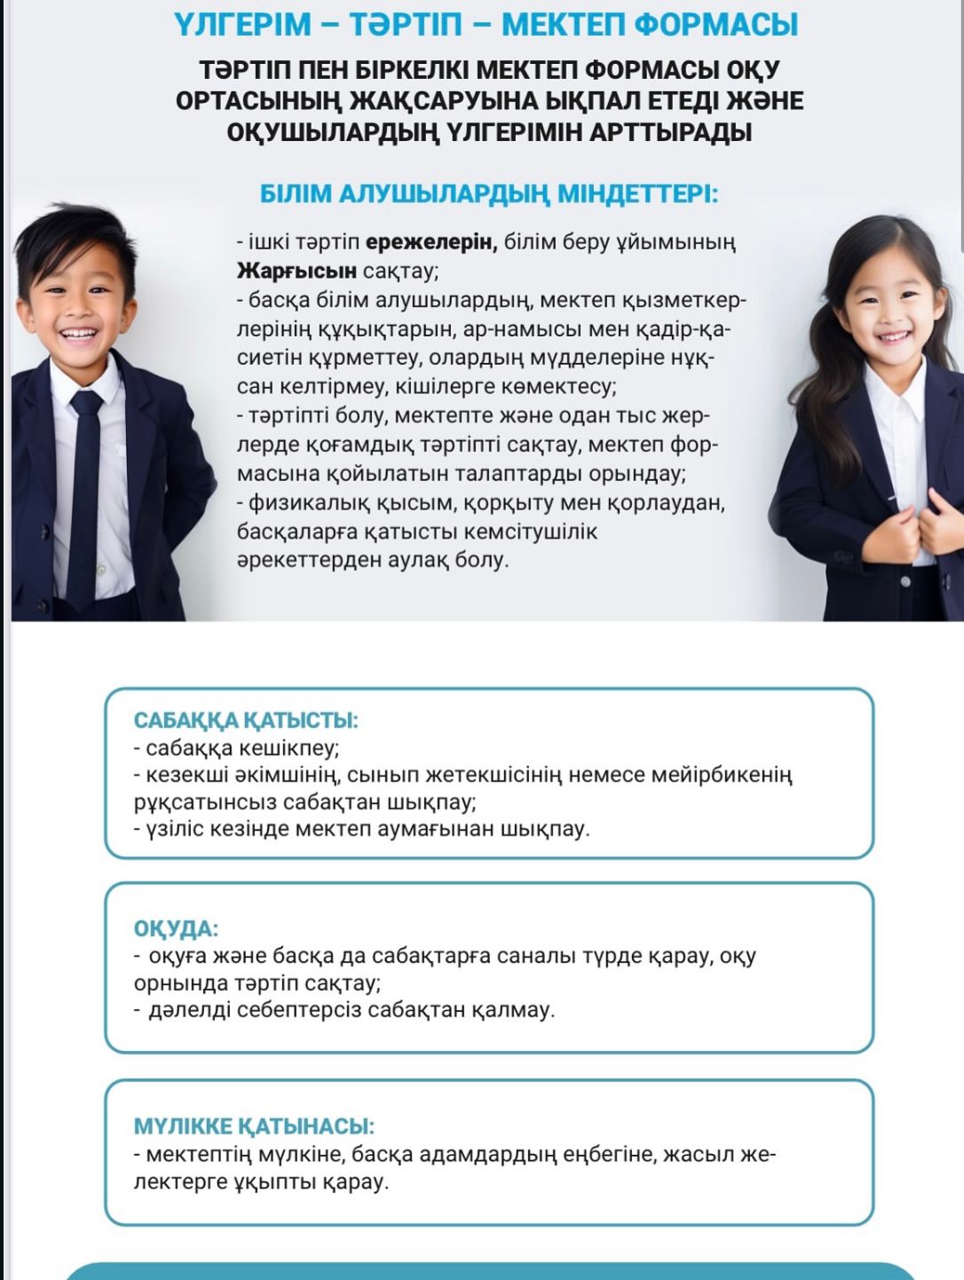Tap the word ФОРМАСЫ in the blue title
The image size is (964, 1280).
tap(716, 24)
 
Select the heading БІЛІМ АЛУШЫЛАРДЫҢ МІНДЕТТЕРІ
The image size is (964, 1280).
tap(488, 194)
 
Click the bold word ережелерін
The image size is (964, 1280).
tap(430, 241)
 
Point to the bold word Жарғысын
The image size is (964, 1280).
tap(296, 270)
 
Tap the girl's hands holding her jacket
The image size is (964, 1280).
tap(923, 524)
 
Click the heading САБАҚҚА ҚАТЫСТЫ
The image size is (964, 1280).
tap(246, 720)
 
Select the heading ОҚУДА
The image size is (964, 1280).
tap(176, 928)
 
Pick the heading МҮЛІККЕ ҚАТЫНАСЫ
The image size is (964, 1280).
tap(254, 1126)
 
